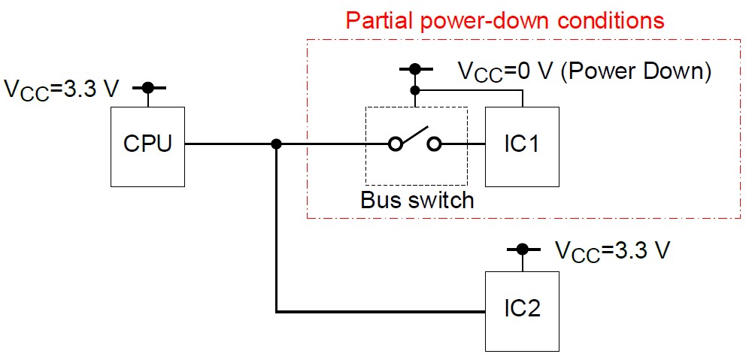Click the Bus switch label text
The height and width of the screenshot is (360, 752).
coord(417,201)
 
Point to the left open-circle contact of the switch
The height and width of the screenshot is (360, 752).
coord(394,144)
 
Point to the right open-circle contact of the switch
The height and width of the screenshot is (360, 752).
coord(434,144)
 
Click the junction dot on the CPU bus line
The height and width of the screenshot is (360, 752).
coord(277,144)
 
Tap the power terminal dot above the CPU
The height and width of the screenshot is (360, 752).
coord(148,88)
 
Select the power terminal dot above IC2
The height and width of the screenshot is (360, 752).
coord(521,249)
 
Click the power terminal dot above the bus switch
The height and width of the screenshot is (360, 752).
coord(414,70)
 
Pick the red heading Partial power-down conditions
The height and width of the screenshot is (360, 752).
coord(505,20)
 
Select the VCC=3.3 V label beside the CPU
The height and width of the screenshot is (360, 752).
coord(62,89)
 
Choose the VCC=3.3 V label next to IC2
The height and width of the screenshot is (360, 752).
coord(611,250)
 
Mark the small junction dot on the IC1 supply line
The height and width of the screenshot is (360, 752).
coord(414,89)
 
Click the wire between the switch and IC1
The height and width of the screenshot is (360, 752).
coord(462,144)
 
